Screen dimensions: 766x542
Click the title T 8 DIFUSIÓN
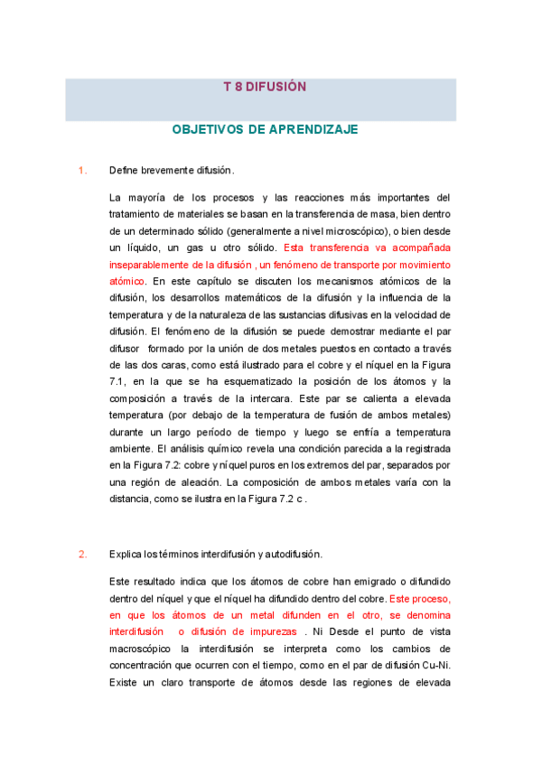265,88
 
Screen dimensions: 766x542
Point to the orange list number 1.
82,170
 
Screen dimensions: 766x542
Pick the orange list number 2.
82,554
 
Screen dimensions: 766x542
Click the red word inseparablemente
156,265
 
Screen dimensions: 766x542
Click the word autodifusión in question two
292,554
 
